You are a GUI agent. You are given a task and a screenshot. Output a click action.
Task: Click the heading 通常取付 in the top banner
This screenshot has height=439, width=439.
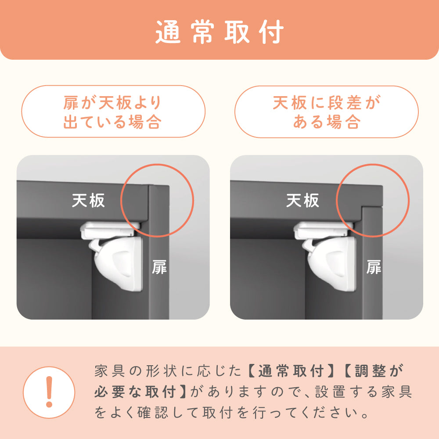click(x=219, y=32)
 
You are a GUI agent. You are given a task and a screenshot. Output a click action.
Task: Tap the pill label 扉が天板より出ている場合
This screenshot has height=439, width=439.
click(x=113, y=112)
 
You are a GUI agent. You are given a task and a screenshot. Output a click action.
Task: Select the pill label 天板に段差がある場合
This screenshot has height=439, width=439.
click(x=327, y=112)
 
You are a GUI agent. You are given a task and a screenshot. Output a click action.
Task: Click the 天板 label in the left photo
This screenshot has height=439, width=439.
click(x=88, y=201)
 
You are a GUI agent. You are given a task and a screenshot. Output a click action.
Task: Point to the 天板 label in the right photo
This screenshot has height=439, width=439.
click(x=302, y=201)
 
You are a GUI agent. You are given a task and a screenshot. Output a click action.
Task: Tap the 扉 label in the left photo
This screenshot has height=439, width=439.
click(x=159, y=267)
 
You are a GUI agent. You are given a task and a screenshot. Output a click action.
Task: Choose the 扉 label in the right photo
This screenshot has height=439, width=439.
click(x=374, y=267)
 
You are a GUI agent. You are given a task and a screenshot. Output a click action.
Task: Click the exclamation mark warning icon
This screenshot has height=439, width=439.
click(x=49, y=392)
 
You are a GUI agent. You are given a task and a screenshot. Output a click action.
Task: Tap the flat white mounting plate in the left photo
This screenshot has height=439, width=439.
click(x=110, y=230)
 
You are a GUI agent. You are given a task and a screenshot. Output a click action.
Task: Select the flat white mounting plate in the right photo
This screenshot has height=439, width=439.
click(x=324, y=230)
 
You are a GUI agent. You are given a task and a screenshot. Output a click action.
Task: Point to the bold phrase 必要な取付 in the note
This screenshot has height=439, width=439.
click(x=135, y=392)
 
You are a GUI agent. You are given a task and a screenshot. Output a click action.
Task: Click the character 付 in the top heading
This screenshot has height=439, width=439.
click(x=272, y=32)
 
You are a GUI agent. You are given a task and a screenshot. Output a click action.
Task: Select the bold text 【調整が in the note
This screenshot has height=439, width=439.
click(x=373, y=371)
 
